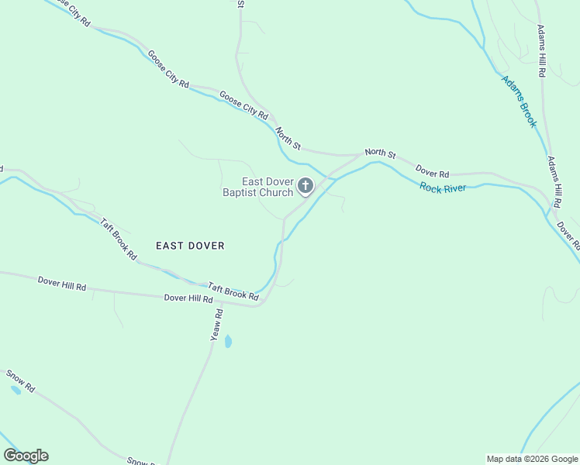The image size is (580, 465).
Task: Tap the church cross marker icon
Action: pos(306,186)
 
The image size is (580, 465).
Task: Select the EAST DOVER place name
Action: pos(190,246)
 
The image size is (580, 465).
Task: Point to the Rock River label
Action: pos(443,187)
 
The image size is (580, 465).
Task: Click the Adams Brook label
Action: pos(519,101)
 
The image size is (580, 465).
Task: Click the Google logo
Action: pos(26,456)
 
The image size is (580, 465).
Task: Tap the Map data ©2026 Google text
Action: pos(532,459)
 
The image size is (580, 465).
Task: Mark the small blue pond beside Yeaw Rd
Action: pos(228,341)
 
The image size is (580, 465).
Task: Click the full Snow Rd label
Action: pos(21,381)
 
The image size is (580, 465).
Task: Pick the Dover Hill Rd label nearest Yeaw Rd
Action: pos(188,298)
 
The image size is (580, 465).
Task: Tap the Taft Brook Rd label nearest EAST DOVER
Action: pos(118,238)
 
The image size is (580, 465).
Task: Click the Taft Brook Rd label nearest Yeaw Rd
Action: pos(233,292)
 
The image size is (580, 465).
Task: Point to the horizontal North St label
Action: pos(380,153)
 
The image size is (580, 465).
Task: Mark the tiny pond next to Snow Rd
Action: pos(16,390)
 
